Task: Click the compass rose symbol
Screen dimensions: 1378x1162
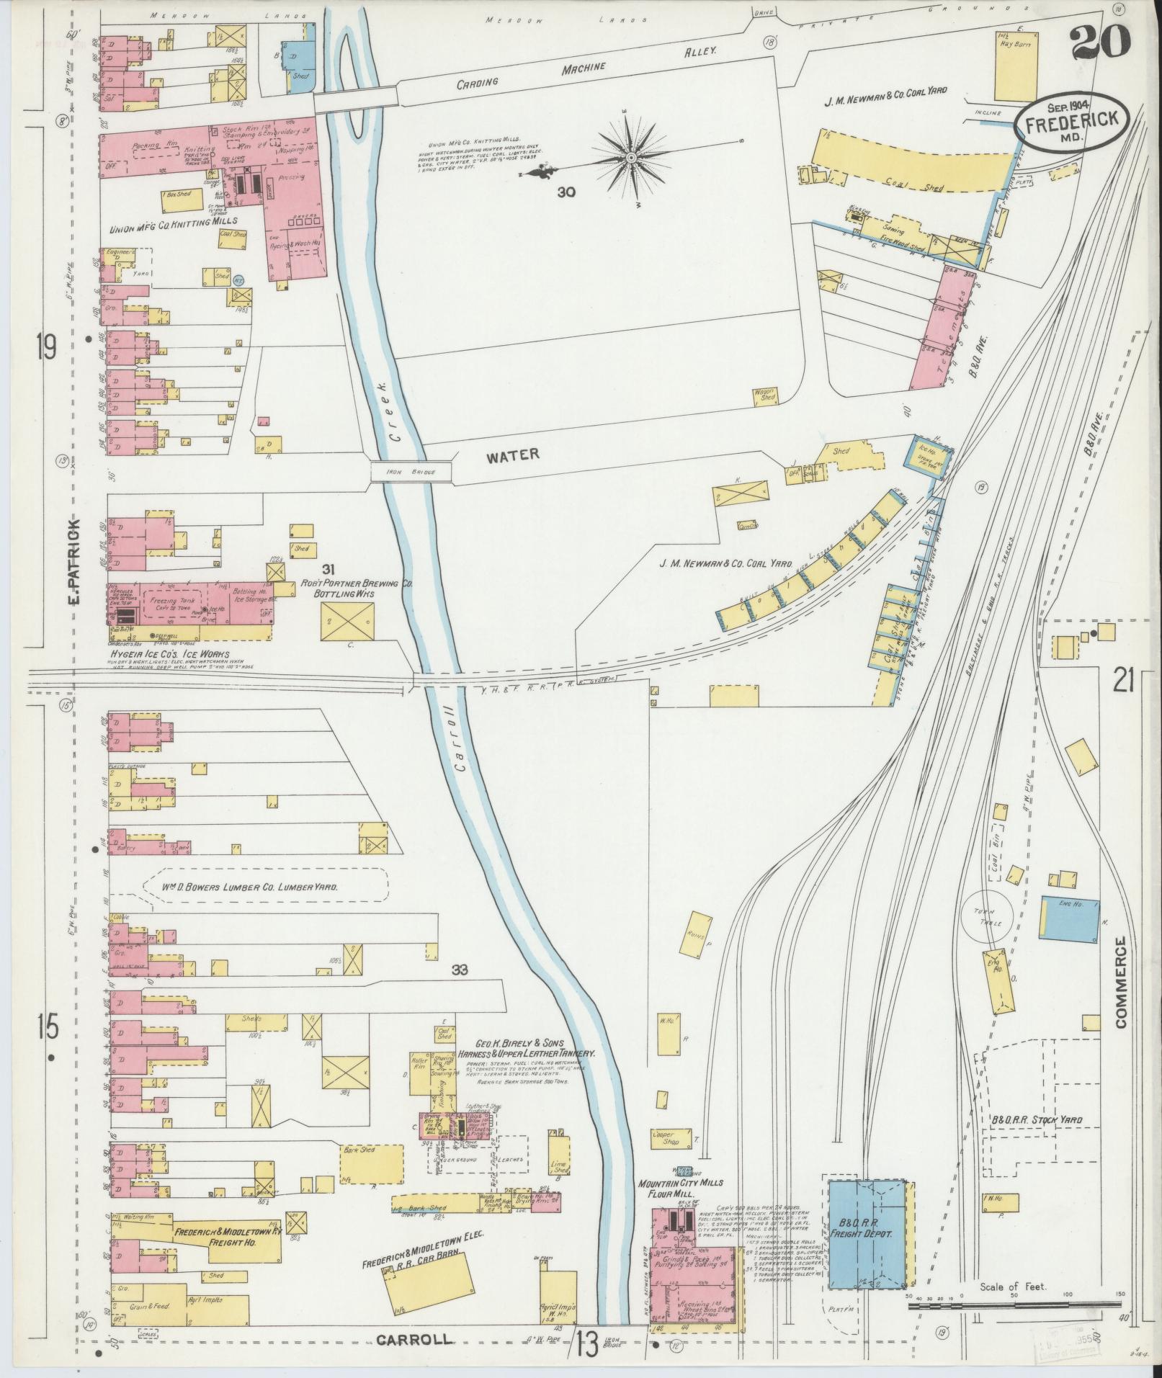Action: tap(630, 157)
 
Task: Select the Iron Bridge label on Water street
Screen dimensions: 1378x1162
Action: tap(411, 471)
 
